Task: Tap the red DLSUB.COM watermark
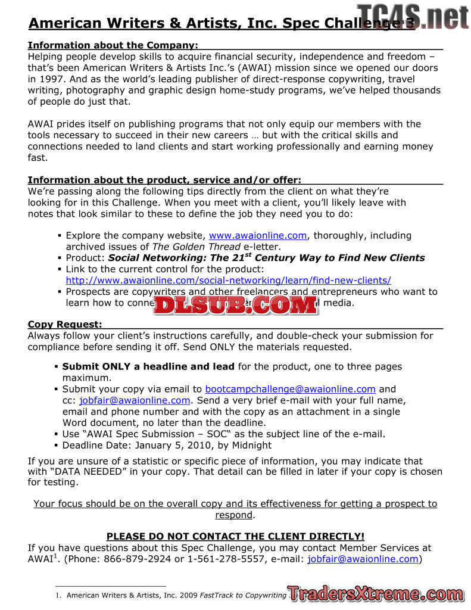pyautogui.click(x=235, y=304)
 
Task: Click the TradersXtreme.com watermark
pyautogui.click(x=375, y=593)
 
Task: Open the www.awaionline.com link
pyautogui.click(x=258, y=235)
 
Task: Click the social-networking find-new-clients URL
pyautogui.click(x=228, y=280)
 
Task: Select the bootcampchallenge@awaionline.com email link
pyautogui.click(x=290, y=389)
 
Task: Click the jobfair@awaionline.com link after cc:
pyautogui.click(x=135, y=400)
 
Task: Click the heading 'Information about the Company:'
pyautogui.click(x=113, y=45)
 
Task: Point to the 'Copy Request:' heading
pyautogui.click(x=65, y=324)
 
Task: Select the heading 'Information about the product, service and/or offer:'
pyautogui.click(x=164, y=180)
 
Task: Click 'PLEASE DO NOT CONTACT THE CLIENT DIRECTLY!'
pyautogui.click(x=235, y=536)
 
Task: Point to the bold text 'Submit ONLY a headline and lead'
pyautogui.click(x=148, y=366)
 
